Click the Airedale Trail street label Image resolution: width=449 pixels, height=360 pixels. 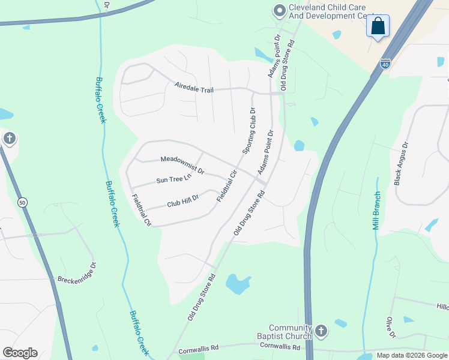tap(194, 89)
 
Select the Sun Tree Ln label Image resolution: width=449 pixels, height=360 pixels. tap(173, 178)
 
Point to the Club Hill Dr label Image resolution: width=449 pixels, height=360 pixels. tap(183, 200)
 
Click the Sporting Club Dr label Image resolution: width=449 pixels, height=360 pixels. tap(249, 130)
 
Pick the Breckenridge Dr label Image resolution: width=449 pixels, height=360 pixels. tap(76, 272)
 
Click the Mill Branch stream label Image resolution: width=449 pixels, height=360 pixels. tap(376, 211)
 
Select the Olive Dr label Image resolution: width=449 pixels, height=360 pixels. tap(391, 327)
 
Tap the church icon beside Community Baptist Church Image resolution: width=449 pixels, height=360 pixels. tap(321, 331)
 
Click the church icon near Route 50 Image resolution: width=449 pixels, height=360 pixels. tap(9, 139)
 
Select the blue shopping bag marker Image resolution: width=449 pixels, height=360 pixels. tap(378, 26)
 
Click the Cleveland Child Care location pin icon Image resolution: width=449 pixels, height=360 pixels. tap(279, 11)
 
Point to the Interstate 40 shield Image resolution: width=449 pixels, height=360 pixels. tap(384, 63)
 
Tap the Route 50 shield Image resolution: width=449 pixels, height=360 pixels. tap(22, 202)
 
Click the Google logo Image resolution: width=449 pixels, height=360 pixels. tap(20, 353)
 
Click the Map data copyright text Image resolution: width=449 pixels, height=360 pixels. tap(412, 355)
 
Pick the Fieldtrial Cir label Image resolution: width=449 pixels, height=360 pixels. tap(227, 185)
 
